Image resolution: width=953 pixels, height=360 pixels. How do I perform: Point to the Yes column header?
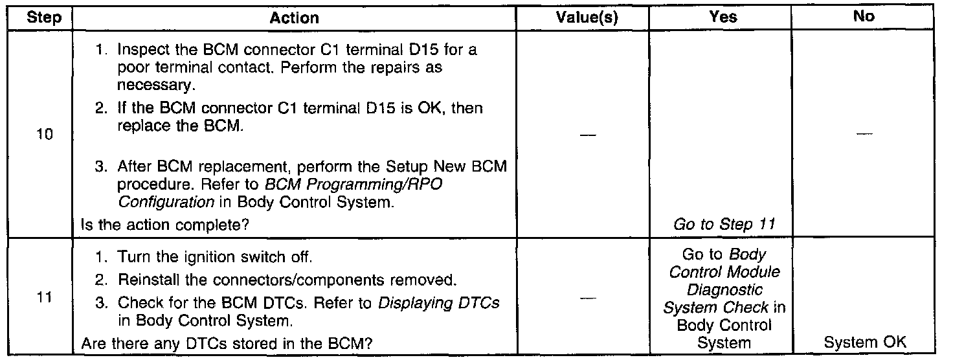tap(723, 17)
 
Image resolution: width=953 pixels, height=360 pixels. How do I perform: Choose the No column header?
tap(864, 17)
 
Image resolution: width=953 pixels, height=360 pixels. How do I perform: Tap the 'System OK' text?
tap(864, 343)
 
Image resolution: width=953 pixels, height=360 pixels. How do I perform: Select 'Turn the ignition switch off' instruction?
tap(214, 257)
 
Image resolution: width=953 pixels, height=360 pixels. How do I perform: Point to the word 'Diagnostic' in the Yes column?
tap(723, 291)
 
